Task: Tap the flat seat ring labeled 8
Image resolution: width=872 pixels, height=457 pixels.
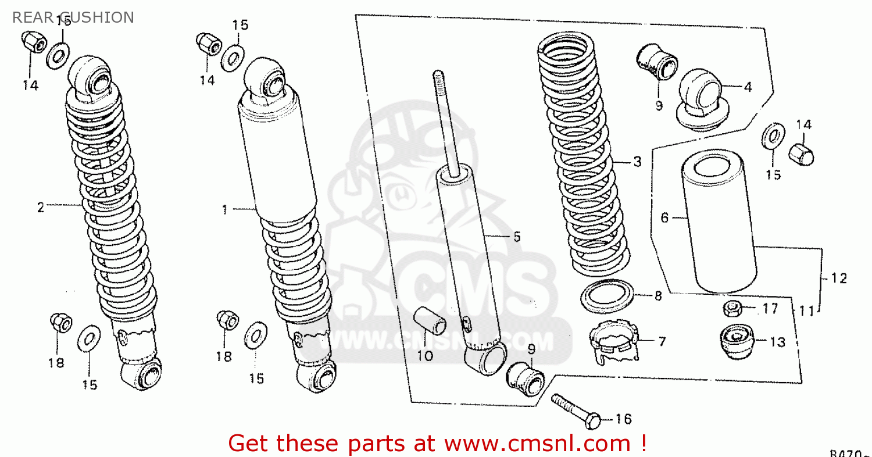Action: [608, 296]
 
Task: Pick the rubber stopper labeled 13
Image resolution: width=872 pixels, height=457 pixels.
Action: [736, 341]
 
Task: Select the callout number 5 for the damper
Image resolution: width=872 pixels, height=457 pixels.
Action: [517, 237]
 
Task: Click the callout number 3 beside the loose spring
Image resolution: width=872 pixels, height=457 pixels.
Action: [638, 162]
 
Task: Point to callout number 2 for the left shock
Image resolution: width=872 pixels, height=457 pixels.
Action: [41, 208]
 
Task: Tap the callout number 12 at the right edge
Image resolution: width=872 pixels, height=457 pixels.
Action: [839, 279]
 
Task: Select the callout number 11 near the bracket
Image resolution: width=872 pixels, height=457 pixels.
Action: [806, 312]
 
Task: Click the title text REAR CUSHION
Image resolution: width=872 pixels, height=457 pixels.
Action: [73, 17]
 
